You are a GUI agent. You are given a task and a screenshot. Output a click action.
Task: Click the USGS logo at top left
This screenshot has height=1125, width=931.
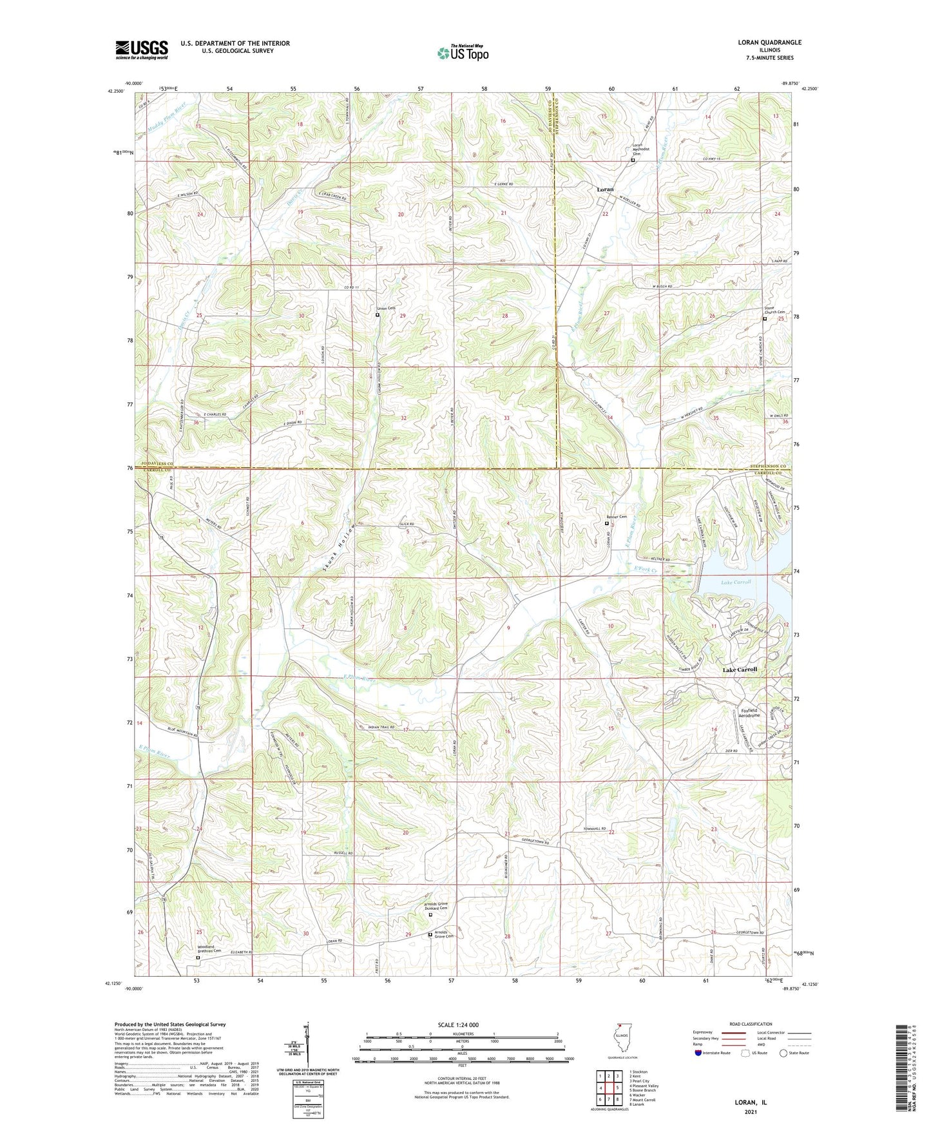[142, 50]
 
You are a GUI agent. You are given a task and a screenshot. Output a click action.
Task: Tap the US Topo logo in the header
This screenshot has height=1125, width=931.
[462, 53]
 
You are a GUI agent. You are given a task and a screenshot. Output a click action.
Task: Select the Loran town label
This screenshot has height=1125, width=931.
[604, 189]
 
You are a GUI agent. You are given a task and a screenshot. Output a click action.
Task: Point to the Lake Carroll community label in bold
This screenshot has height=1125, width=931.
[739, 669]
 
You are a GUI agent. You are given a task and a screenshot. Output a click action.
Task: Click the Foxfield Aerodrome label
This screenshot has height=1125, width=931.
[748, 713]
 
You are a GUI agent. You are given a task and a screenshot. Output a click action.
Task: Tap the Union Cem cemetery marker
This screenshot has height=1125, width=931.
[378, 315]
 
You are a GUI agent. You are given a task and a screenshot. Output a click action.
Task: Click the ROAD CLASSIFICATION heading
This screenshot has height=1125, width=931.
[750, 1024]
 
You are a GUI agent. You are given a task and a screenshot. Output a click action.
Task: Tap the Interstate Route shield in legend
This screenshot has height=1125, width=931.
[698, 1053]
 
